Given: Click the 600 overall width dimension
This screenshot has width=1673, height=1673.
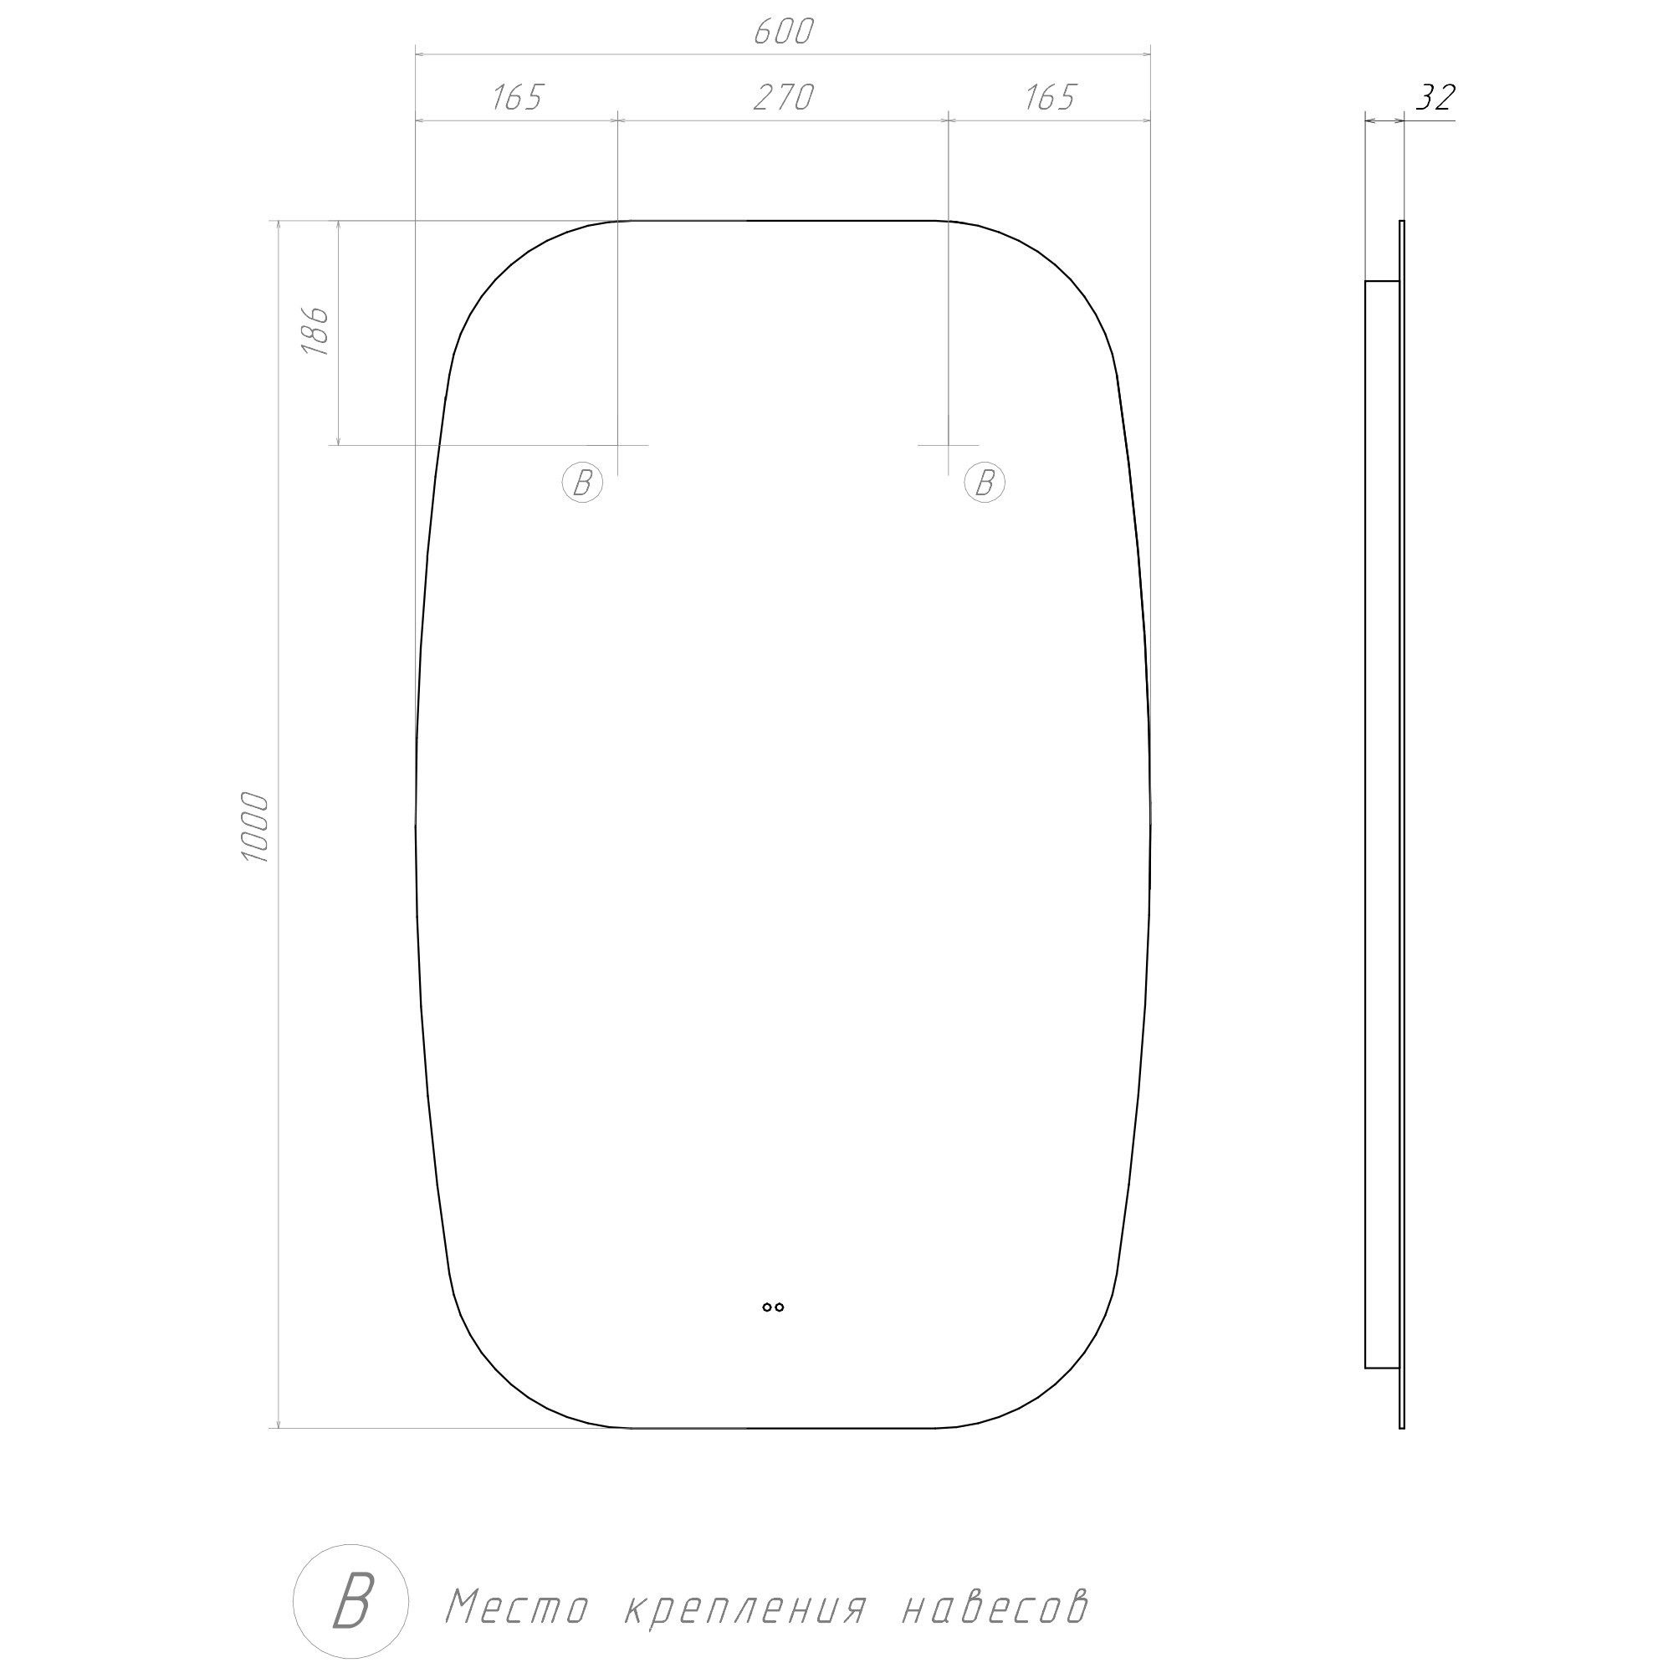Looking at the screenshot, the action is [784, 32].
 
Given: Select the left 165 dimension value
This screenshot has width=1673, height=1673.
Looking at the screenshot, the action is [517, 99].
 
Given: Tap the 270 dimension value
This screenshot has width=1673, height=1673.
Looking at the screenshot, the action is [784, 99].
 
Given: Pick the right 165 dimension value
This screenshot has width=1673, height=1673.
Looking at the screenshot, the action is [1050, 99].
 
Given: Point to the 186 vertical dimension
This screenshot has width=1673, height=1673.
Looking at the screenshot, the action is [315, 330].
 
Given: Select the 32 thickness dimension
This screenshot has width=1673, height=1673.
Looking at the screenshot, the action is [1435, 98].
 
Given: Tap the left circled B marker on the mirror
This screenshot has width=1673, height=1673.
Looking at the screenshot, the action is [582, 483].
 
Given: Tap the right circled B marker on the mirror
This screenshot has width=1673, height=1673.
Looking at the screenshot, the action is [985, 483].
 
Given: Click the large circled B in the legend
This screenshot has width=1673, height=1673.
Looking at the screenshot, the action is [350, 1601].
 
